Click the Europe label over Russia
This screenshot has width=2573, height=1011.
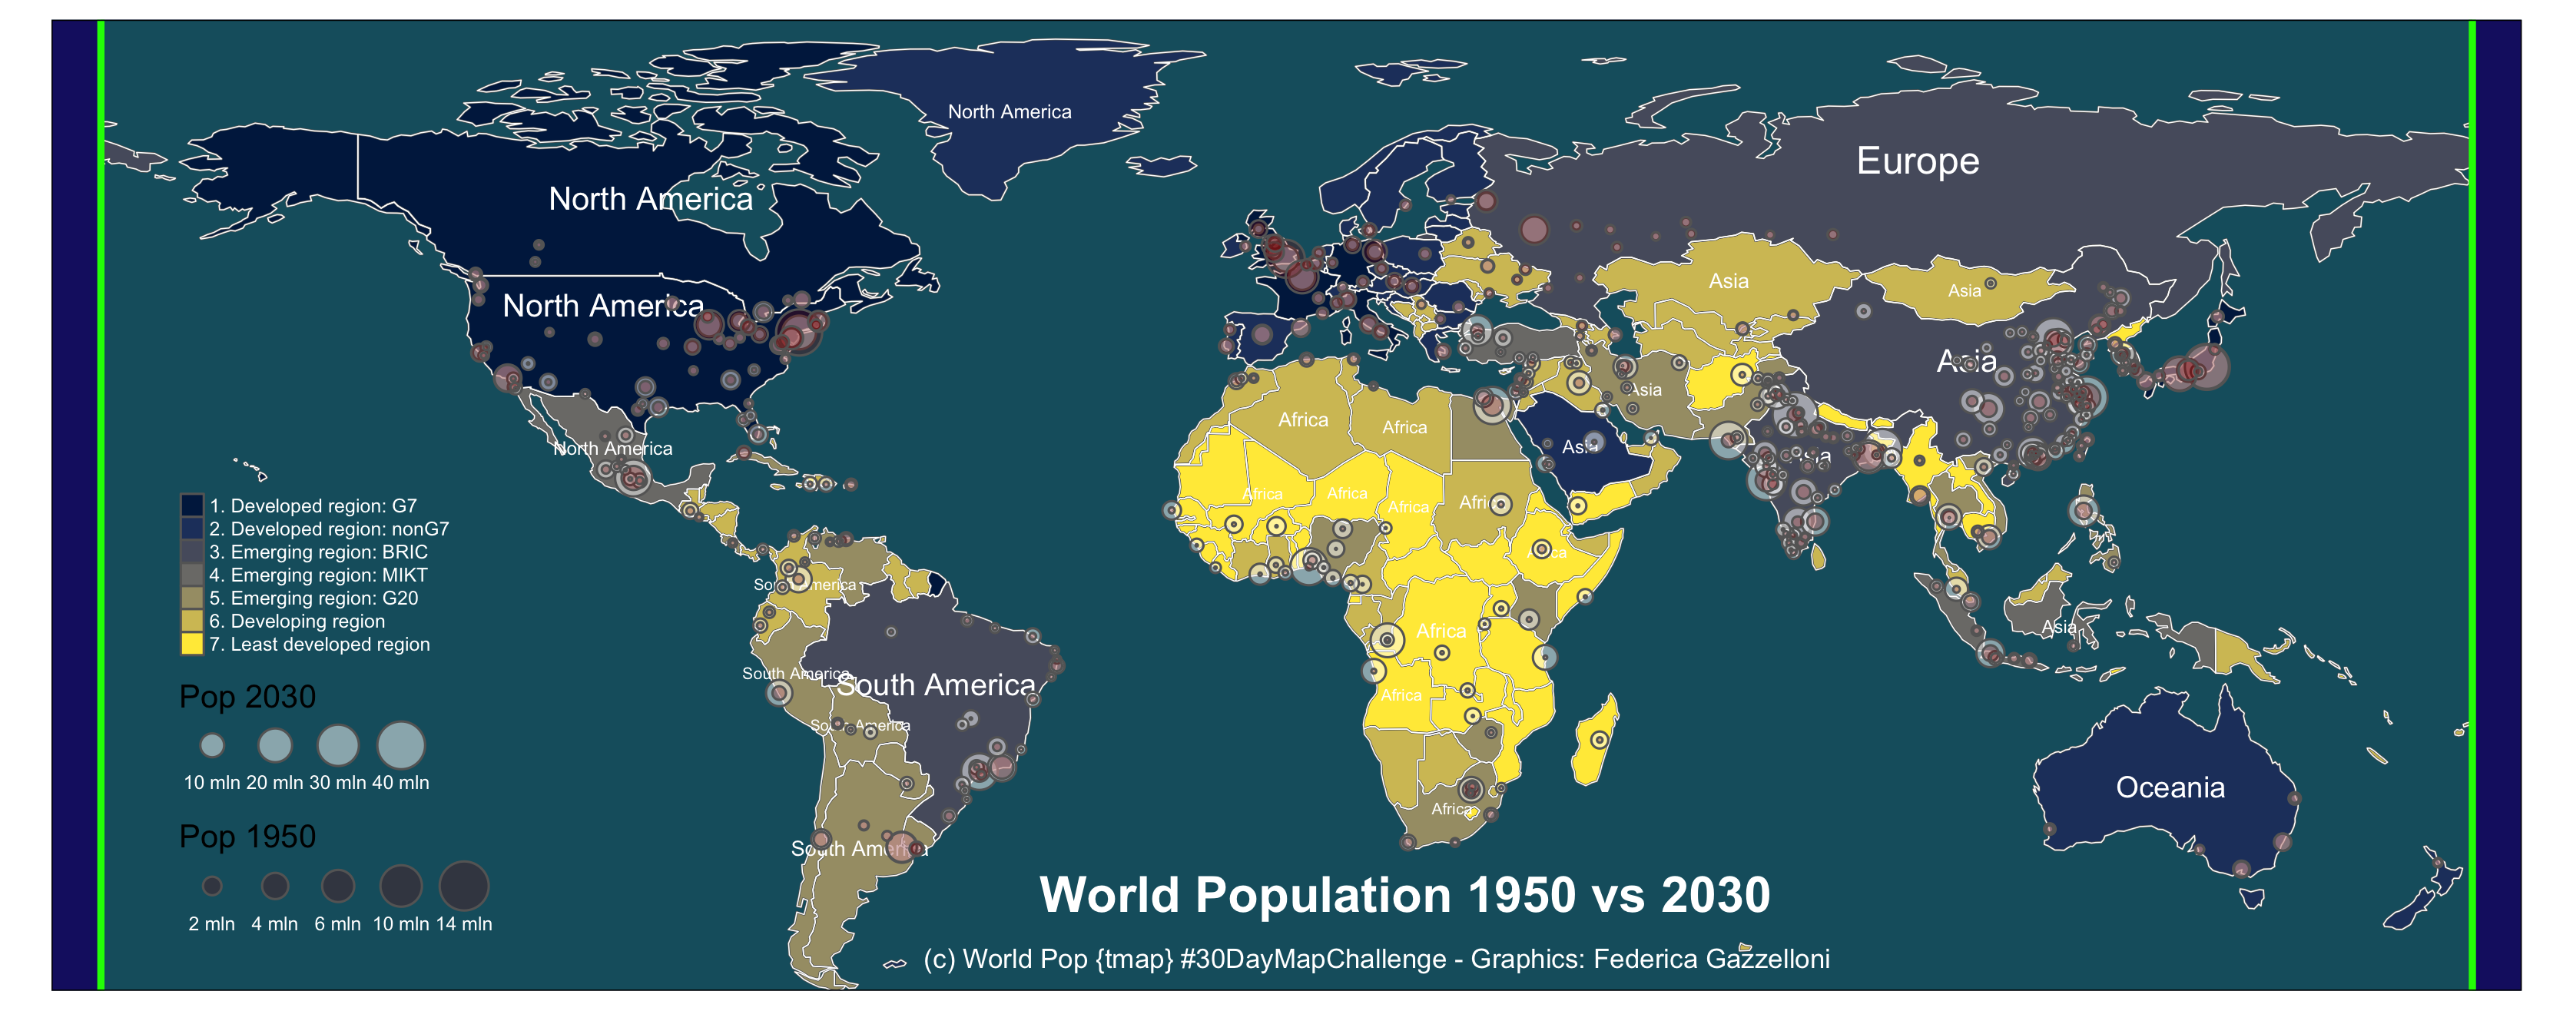pos(1917,161)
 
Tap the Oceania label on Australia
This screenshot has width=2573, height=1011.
pos(2170,787)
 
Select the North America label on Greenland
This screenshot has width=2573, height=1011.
pos(1009,112)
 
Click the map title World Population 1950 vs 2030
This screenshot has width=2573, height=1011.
pos(1404,894)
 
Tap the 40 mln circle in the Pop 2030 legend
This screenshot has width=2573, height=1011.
pos(400,745)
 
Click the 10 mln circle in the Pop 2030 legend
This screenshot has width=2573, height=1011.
pos(212,745)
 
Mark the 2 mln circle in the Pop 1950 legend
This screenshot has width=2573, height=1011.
pos(212,886)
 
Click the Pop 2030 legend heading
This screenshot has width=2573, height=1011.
pos(247,696)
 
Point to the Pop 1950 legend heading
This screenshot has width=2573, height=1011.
pos(247,836)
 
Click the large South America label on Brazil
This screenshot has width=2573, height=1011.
pos(935,685)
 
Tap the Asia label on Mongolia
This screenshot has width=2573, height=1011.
pos(1964,290)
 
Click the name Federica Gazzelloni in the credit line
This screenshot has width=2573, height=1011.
pos(1711,959)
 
